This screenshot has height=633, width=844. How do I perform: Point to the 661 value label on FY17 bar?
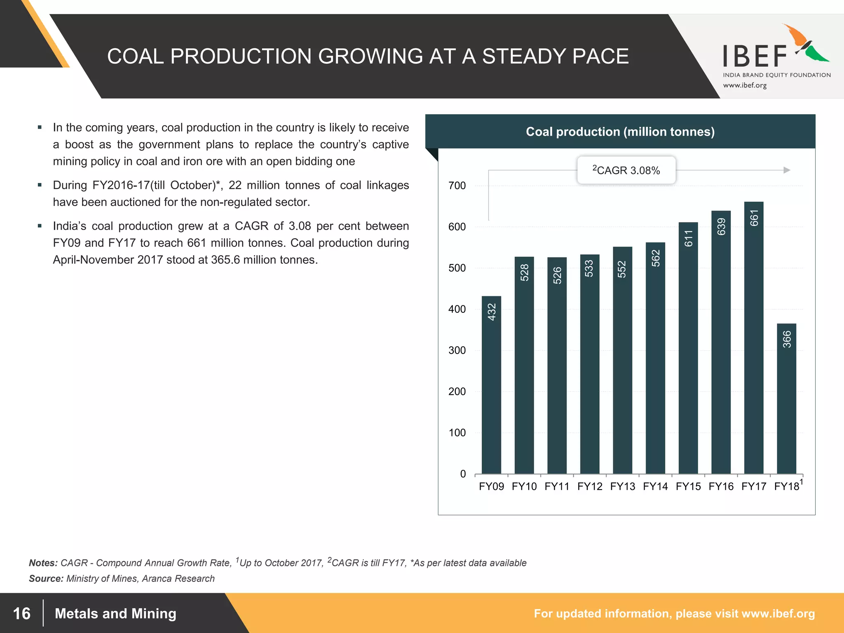(x=754, y=218)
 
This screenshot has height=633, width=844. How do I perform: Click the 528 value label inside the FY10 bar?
(x=524, y=273)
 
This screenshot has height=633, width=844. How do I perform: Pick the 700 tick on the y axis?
(x=457, y=186)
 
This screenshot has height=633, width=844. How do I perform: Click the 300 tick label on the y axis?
(x=457, y=351)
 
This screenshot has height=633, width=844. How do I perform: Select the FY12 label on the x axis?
(x=590, y=487)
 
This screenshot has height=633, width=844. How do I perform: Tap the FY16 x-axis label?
(x=721, y=487)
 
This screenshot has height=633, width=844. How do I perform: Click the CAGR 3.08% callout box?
(x=626, y=170)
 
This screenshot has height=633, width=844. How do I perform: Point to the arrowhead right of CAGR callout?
(x=786, y=170)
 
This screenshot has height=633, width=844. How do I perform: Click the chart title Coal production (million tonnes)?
(x=620, y=132)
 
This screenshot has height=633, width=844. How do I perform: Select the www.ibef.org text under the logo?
(x=745, y=86)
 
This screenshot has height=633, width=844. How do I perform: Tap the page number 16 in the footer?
(x=21, y=614)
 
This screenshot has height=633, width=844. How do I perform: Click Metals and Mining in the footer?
(x=115, y=614)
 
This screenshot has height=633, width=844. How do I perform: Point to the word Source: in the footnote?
(x=46, y=579)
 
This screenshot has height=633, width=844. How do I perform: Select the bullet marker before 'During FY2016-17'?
(x=40, y=185)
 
